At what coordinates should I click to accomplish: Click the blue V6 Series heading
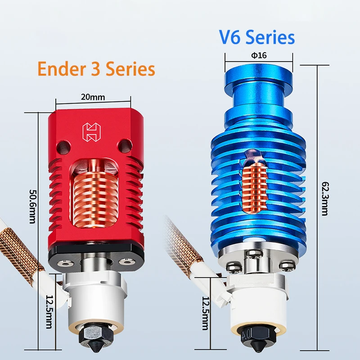257,38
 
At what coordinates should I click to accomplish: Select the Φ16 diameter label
259,55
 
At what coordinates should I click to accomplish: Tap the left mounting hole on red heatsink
63,145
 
